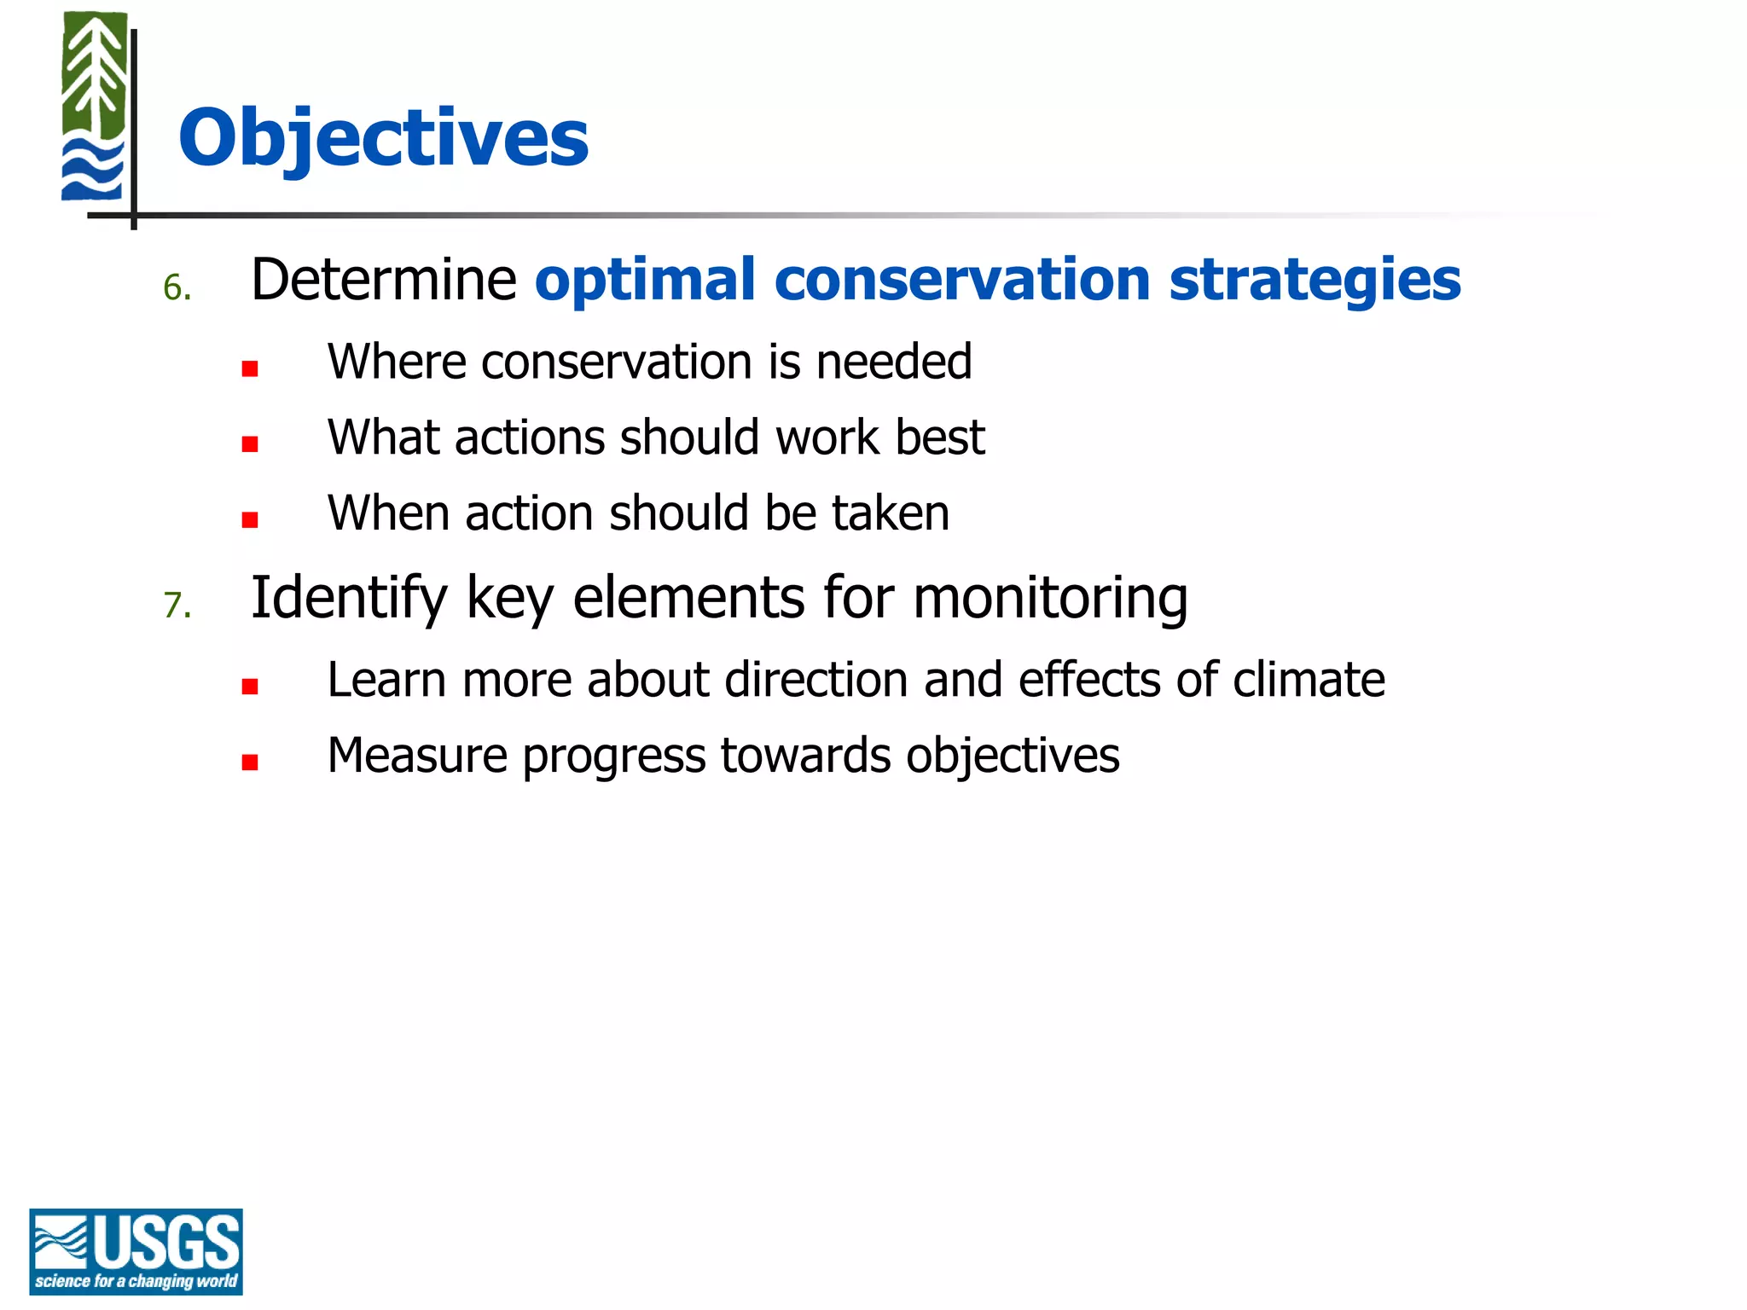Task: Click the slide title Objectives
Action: [383, 138]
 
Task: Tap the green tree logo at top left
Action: [95, 77]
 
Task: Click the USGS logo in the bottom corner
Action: [136, 1251]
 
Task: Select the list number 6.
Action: [177, 288]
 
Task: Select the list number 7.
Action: [177, 606]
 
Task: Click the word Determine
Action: [384, 280]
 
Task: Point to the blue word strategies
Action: [1315, 280]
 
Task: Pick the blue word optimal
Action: [645, 280]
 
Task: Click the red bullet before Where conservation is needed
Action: [250, 369]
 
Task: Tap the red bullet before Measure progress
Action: [250, 762]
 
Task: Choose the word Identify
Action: [349, 597]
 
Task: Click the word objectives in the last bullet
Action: [1013, 756]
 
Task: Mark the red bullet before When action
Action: [250, 520]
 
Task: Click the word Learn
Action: [386, 680]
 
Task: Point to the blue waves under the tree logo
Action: [92, 170]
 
